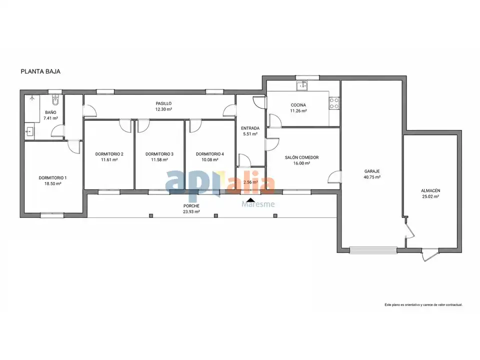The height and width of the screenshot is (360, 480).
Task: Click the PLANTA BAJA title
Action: (40, 71)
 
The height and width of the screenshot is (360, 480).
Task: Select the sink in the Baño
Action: (29, 132)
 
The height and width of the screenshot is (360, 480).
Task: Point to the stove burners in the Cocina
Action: (334, 103)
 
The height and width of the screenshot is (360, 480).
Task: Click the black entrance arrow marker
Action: (250, 200)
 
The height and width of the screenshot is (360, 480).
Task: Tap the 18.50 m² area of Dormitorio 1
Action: (52, 183)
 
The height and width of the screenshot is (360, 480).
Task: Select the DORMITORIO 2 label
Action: (109, 154)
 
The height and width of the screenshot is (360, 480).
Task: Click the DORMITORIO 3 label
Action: (159, 154)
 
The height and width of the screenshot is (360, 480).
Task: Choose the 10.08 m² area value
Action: (209, 160)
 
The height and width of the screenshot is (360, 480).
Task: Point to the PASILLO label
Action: (164, 103)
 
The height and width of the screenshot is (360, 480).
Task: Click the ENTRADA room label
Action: (250, 128)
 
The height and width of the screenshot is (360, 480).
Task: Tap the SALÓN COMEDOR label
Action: (302, 157)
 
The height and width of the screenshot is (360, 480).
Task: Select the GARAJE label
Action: (372, 171)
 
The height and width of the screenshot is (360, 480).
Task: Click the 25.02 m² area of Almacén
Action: (430, 196)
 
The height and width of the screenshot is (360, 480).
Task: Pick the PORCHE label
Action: (191, 206)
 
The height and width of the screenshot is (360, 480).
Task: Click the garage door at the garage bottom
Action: (373, 250)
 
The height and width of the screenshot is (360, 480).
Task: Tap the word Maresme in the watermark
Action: (258, 204)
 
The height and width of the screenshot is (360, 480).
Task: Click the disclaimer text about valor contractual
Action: (423, 305)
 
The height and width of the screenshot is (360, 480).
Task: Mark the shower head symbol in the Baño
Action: (32, 98)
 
